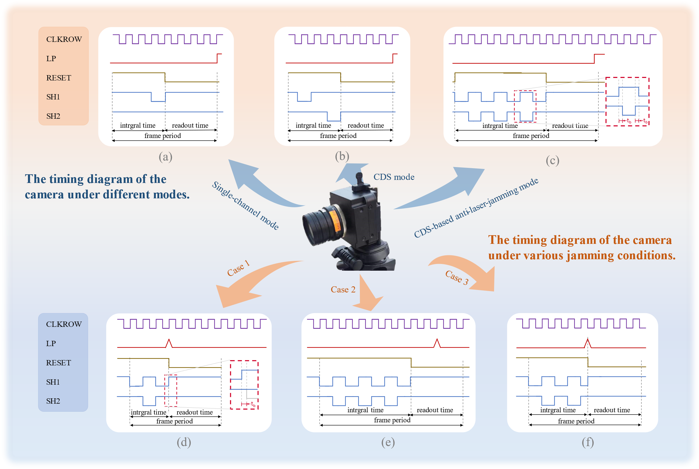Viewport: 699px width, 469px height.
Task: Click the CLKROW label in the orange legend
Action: pos(64,39)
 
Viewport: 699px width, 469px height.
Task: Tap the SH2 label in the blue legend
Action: pos(53,401)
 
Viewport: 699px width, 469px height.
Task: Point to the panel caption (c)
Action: pos(552,161)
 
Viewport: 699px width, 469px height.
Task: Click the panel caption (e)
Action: pos(388,442)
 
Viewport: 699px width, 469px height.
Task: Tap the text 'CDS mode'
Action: pos(394,177)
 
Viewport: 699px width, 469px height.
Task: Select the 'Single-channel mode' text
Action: pos(245,206)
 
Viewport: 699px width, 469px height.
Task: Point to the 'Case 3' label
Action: pos(457,277)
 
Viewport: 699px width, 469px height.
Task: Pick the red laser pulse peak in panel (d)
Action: pos(169,340)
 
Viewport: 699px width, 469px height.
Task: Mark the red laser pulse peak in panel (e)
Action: pos(437,340)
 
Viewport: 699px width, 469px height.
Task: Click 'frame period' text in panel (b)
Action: pos(338,136)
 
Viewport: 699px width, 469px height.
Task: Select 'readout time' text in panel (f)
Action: pos(611,410)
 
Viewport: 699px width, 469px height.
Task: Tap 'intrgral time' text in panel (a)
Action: pos(138,125)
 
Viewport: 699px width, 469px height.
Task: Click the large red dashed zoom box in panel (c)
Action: pos(627,102)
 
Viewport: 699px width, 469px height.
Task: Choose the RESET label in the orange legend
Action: pos(59,78)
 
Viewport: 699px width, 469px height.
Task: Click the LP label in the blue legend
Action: pos(51,343)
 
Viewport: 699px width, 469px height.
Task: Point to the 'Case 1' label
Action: pos(238,268)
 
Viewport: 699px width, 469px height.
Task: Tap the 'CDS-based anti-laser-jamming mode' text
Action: pos(476,208)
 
